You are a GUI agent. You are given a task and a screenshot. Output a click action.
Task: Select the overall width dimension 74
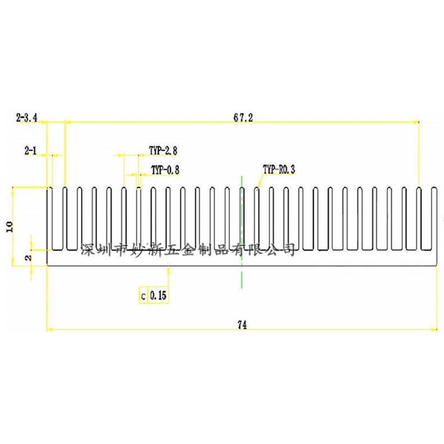243,324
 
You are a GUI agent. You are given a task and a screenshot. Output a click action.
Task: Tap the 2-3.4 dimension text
27,117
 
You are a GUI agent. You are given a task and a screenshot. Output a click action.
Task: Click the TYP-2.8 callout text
163,151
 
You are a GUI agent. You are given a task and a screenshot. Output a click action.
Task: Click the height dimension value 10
8,226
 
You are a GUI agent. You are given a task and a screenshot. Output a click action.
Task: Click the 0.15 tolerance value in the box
158,295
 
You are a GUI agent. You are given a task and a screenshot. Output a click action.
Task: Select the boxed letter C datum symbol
143,295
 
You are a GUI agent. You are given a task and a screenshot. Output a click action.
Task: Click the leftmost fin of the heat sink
49,219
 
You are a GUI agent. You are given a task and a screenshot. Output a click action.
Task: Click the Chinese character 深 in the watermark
88,249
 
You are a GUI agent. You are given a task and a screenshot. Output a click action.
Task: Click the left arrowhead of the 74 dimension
49,329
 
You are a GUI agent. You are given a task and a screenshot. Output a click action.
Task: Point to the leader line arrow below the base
167,269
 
